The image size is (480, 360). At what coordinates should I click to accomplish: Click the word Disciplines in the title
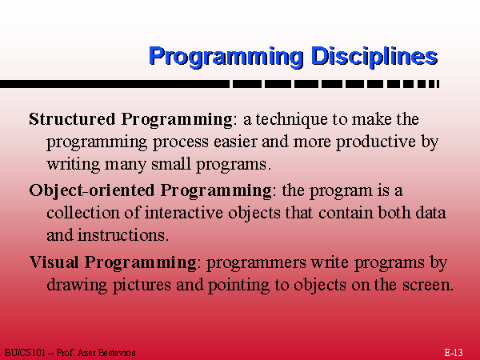374,56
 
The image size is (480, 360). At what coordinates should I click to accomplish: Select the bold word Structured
72,118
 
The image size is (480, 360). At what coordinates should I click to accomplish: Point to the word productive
376,142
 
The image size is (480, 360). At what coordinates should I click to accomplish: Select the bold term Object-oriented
92,190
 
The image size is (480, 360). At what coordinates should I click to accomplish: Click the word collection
82,213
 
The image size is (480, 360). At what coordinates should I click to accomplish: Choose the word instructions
122,235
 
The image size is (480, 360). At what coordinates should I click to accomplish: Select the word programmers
257,263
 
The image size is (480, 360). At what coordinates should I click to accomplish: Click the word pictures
142,285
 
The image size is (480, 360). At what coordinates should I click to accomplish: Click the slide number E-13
454,353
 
